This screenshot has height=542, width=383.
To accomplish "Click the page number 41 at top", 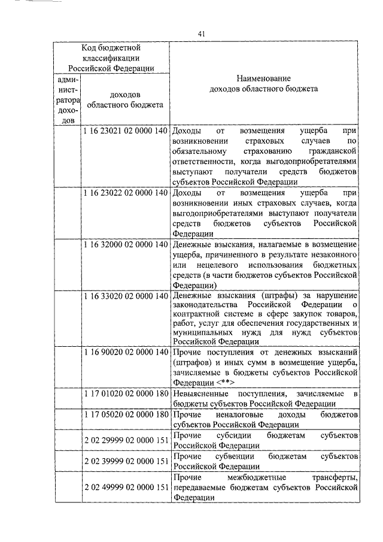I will (x=201, y=34).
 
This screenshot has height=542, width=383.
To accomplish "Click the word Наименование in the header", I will (x=263, y=78).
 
